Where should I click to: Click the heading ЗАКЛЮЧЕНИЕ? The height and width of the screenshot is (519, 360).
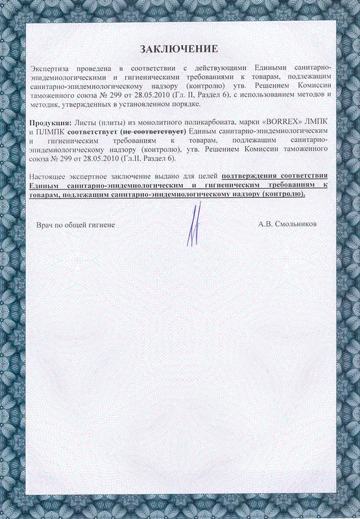pos(179,49)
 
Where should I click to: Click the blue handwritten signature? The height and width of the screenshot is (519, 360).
pos(193,224)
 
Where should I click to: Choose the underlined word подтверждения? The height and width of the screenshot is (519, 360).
pos(248,177)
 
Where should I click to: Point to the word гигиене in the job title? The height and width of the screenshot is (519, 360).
pos(101,224)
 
